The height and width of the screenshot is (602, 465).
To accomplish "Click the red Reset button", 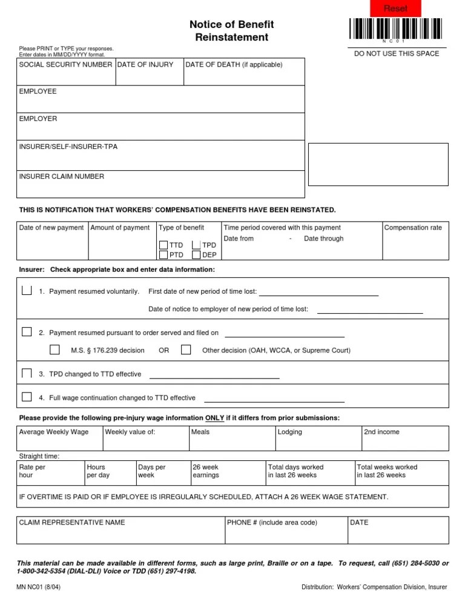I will pos(395,8).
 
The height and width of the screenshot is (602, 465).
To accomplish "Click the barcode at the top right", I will pos(396,28).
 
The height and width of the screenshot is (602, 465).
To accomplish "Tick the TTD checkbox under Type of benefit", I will pos(164,245).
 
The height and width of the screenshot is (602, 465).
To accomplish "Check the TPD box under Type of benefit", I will pos(196,245).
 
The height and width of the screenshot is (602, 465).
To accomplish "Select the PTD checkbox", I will pos(164,255).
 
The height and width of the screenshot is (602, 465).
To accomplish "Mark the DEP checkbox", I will pos(196,255).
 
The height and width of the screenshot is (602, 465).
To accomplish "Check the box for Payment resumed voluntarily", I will pos(27,291).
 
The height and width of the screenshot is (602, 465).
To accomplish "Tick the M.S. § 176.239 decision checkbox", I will pos(55,349).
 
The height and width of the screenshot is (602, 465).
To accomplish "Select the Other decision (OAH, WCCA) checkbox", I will pos(186,349).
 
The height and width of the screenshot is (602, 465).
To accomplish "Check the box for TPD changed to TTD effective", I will pos(27,373).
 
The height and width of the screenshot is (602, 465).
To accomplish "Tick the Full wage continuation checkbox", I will pos(27,397).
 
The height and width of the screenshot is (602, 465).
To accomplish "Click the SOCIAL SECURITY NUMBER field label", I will pos(65,65).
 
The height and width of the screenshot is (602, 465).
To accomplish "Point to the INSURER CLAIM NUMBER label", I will pos(62,177).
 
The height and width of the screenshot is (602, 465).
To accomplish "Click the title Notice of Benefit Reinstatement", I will pos(232,31).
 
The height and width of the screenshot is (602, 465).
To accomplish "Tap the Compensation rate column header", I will pos(413,228).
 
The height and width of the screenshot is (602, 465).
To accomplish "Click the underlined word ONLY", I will pos(215,418).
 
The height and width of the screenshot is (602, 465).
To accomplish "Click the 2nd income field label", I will pos(381,432).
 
